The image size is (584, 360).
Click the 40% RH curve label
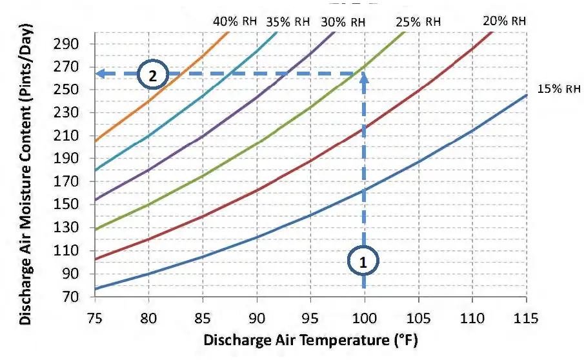pyautogui.click(x=235, y=21)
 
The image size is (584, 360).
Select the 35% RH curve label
pyautogui.click(x=288, y=21)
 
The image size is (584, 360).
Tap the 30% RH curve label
pyautogui.click(x=343, y=21)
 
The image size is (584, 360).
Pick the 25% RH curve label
pyautogui.click(x=419, y=21)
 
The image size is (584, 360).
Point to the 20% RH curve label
pyautogui.click(x=505, y=20)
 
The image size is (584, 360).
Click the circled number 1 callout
pyautogui.click(x=363, y=261)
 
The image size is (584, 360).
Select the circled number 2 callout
pyautogui.click(x=152, y=75)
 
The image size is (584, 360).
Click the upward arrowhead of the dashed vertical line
pyautogui.click(x=364, y=78)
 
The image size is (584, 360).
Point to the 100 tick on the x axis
pyautogui.click(x=364, y=317)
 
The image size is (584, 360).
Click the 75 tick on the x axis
pyautogui.click(x=94, y=317)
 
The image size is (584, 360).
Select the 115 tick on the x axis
pyautogui.click(x=527, y=317)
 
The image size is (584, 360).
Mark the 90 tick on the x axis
pyautogui.click(x=257, y=317)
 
